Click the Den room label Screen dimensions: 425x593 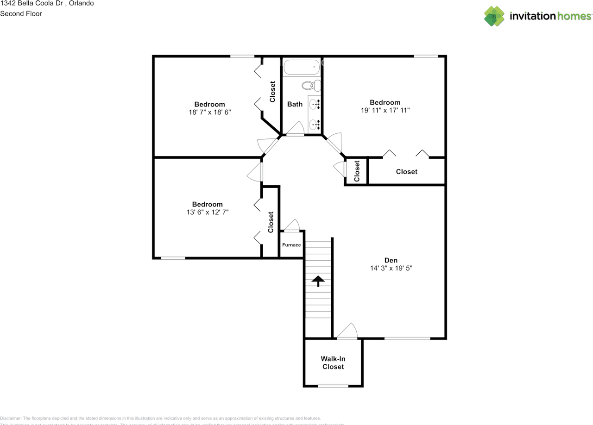391,260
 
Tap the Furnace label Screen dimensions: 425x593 291,245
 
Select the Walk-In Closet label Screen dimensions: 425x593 333,362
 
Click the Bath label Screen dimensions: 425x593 295,104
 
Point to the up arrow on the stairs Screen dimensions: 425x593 318,281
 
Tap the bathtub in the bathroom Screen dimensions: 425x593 302,68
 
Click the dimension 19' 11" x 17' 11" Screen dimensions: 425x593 385,110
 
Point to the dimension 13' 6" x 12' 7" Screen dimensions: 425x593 208,212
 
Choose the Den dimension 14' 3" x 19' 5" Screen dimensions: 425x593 391,268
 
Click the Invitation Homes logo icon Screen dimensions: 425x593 494,16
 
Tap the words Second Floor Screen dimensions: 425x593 21,13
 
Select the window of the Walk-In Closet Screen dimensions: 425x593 333,386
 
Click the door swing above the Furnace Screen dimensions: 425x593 292,225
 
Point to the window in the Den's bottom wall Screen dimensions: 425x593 407,338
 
